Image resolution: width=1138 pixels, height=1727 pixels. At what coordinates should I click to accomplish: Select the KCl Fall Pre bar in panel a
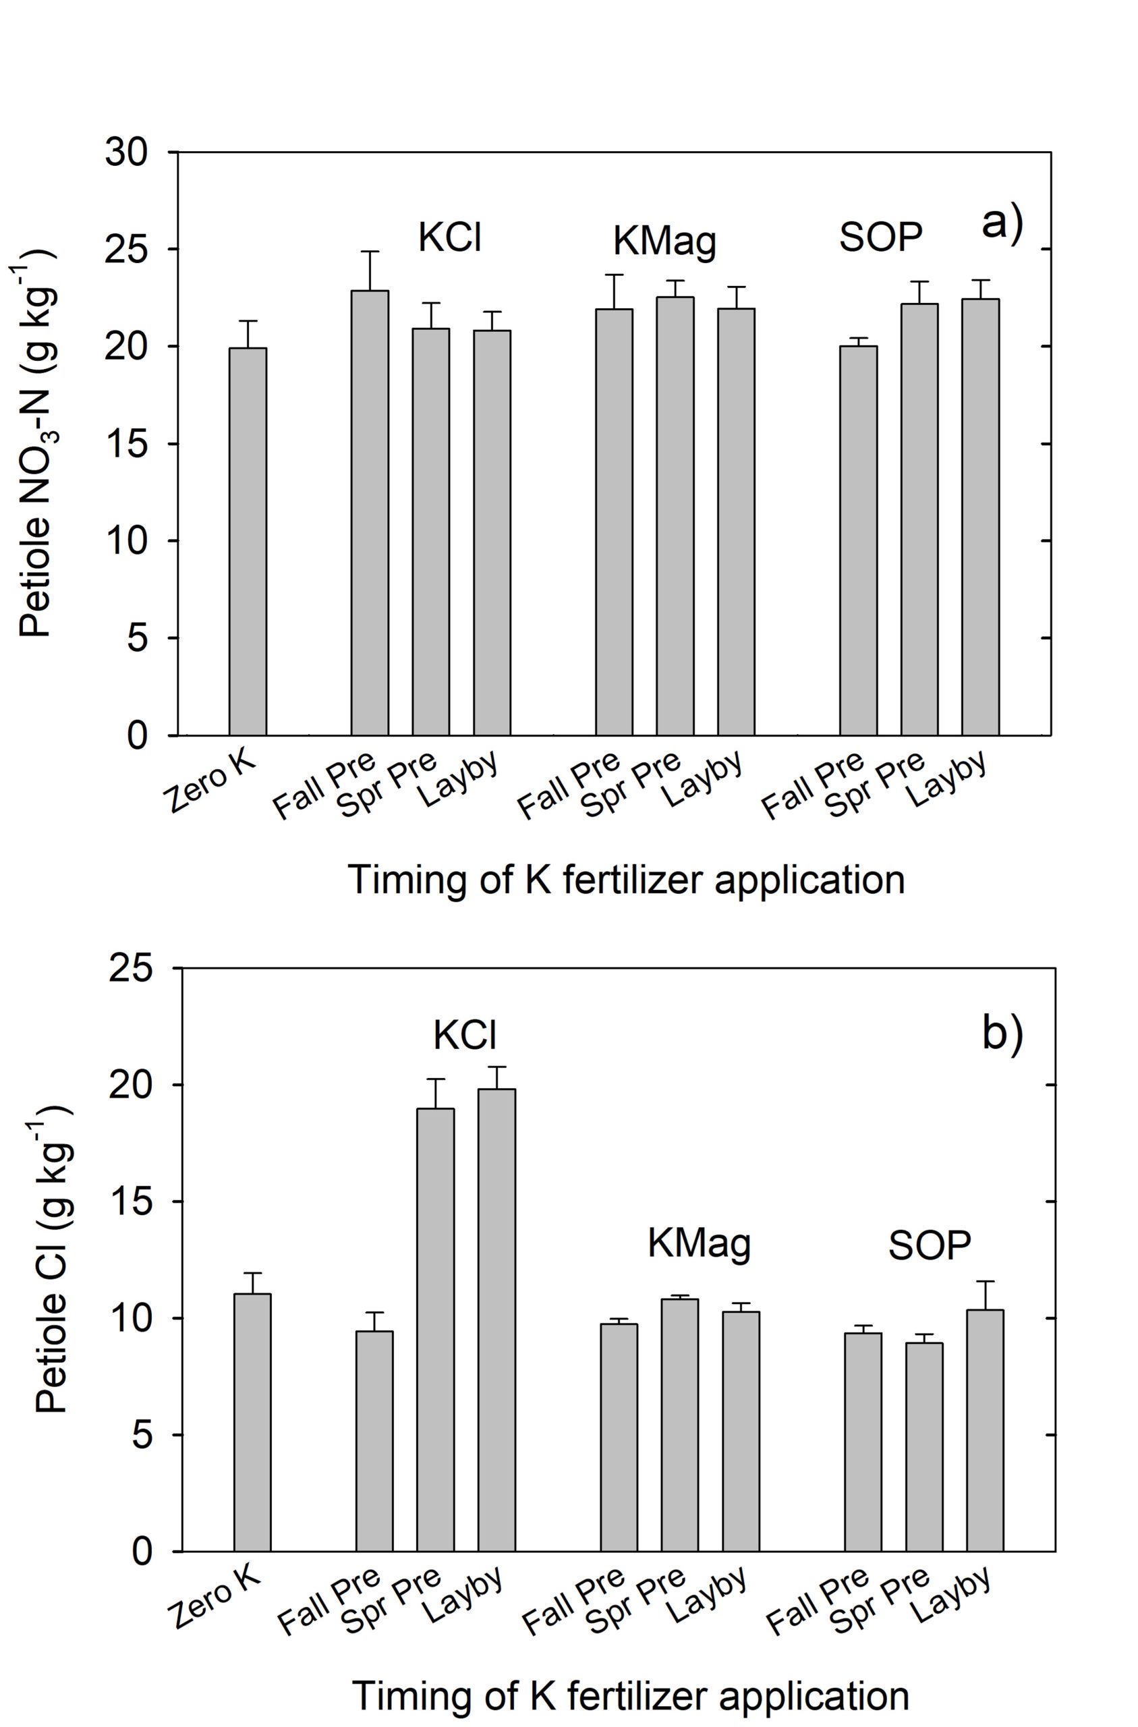coord(370,512)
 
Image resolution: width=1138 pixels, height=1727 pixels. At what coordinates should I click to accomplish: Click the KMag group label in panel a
coord(664,242)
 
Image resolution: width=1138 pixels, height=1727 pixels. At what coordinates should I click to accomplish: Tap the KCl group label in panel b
coord(465,1034)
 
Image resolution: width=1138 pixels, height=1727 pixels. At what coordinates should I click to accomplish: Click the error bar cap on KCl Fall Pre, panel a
coord(370,252)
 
